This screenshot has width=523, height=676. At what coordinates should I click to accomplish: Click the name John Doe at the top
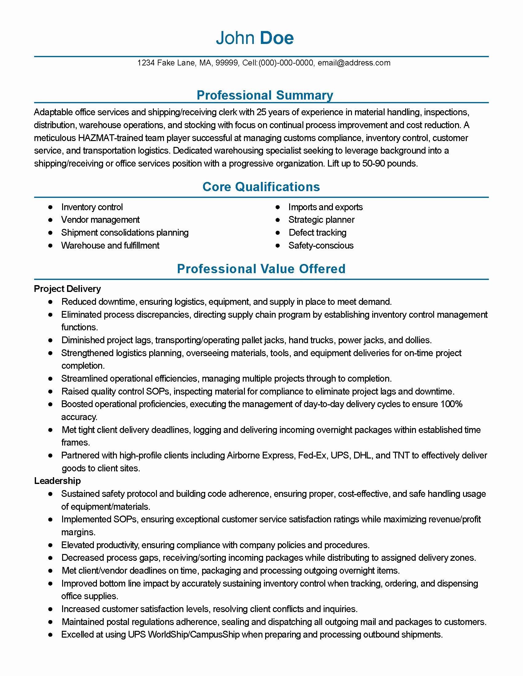tap(255, 38)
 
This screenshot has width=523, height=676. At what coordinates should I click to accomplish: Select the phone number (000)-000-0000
tap(286, 63)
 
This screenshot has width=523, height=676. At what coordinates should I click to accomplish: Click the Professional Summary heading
tap(265, 95)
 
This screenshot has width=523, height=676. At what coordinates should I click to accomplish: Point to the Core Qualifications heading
tap(261, 187)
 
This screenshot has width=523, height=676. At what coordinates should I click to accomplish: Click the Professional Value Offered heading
tap(261, 269)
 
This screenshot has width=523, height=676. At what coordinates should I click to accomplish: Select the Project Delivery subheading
tap(67, 289)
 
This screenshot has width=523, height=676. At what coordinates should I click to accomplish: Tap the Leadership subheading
tap(57, 481)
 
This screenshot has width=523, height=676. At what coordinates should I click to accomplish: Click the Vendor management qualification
tap(100, 220)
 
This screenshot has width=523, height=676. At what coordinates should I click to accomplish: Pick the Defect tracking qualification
tap(317, 233)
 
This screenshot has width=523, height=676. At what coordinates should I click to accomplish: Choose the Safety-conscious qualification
tap(321, 246)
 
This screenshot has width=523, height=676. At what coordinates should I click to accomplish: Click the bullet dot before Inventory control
tap(50, 207)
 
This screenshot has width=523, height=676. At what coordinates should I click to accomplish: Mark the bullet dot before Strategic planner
tap(278, 220)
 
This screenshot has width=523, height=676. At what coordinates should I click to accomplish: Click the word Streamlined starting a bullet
tap(84, 379)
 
